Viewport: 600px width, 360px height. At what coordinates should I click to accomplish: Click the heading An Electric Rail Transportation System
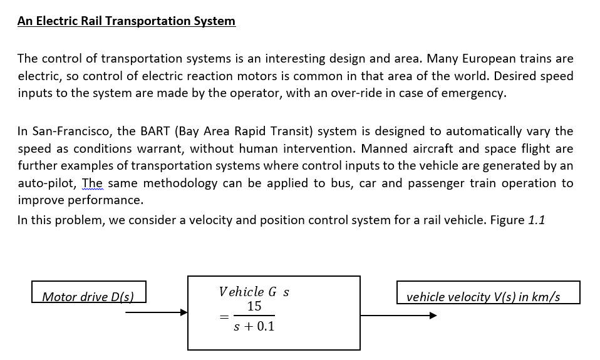click(127, 21)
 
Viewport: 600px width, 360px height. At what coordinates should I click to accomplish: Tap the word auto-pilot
click(48, 183)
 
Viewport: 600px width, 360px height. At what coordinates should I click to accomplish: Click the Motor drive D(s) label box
click(88, 292)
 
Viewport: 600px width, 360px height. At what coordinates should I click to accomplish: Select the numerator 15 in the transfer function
click(254, 306)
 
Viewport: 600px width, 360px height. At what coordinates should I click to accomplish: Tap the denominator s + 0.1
click(254, 326)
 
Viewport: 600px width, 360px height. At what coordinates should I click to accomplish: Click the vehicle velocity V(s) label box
click(488, 292)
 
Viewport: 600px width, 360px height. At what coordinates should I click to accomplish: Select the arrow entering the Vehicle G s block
click(157, 312)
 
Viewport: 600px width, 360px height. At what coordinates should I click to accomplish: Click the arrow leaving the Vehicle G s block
click(398, 316)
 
